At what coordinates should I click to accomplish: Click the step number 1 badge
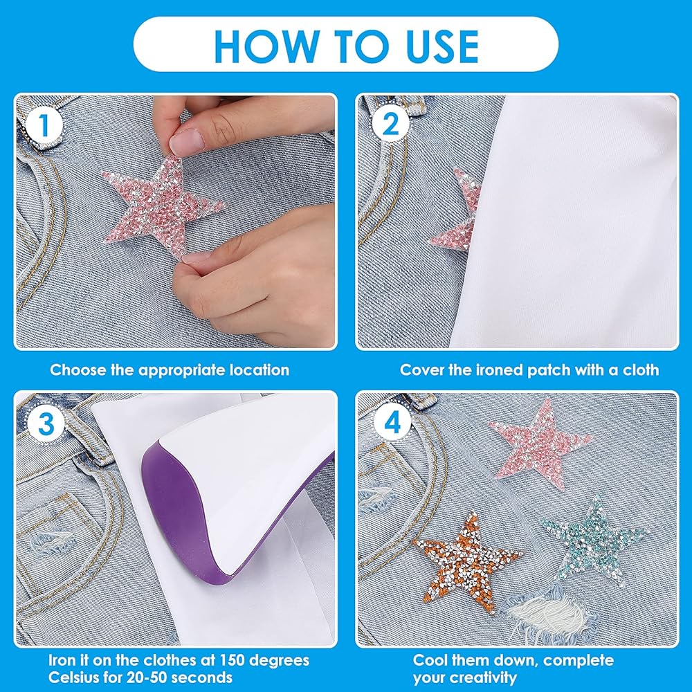coord(44,126)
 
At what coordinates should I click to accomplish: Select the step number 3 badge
coord(46,424)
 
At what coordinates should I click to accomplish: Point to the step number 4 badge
coord(392,423)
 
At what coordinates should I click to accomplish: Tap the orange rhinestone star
coord(466,563)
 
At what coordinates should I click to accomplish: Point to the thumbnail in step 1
coord(187,141)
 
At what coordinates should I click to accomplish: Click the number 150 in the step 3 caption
coord(233,661)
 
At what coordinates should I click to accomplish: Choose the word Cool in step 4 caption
coord(430,661)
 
